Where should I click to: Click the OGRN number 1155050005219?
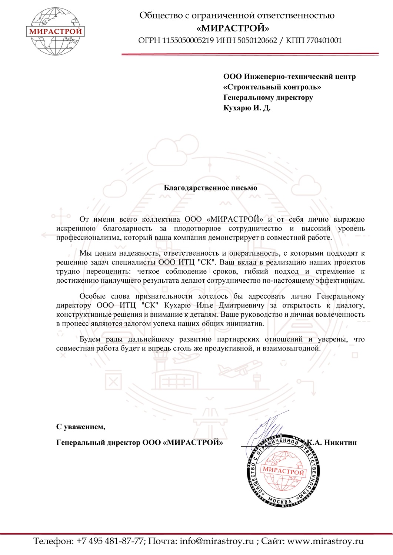pos(188,40)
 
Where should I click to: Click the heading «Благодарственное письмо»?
pos(210,188)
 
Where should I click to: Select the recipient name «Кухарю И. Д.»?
pos(247,108)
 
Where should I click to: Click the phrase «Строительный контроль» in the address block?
pos(272,87)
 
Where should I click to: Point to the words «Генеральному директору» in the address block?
pos(268,98)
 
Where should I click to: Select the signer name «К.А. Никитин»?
pos(332,442)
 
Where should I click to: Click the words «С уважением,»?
pos(81,427)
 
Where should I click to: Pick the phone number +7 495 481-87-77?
pos(110,541)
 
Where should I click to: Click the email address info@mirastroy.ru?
pos(217,541)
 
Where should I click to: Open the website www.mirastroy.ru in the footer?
pos(326,541)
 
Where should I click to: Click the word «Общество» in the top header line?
pos(158,16)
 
